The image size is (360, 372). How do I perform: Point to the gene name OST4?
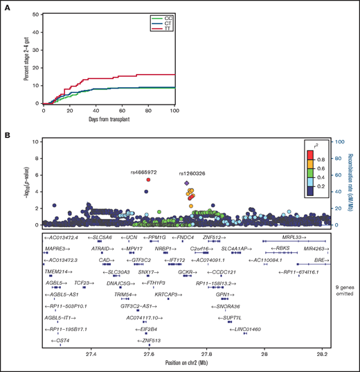pos(61,340)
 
